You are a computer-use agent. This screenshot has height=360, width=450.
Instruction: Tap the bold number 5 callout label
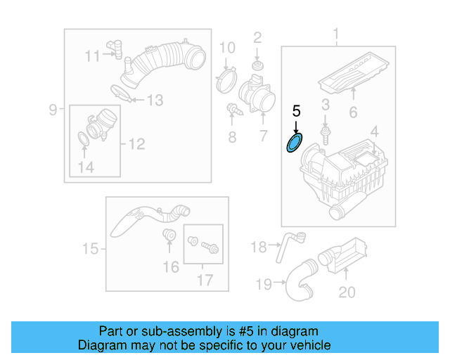point(296,111)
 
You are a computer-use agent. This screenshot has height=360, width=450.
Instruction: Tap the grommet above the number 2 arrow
point(257,66)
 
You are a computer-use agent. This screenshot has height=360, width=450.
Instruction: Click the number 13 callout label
point(154,101)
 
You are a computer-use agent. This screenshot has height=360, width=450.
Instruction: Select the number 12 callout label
point(136,144)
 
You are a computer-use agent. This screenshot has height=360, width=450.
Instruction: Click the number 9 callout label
point(53,109)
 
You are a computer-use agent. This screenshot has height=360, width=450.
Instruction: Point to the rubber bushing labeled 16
point(169,235)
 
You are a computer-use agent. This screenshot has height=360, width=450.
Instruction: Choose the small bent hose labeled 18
point(291,242)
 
